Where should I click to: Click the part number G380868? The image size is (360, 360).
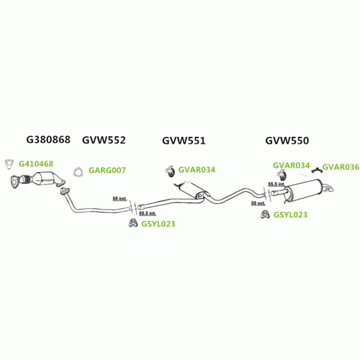pos(48,140)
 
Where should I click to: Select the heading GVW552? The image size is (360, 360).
pos(104,140)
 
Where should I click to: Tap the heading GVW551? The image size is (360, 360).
pos(184,141)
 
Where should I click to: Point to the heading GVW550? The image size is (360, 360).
pos(287,141)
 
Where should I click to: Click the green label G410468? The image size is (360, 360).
pos(36,163)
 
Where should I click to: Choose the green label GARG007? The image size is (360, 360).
pos(107,170)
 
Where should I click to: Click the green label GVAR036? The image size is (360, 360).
pos(340,167)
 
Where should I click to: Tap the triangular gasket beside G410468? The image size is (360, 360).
pos(9,163)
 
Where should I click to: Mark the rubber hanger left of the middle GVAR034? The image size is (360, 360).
pos(169,171)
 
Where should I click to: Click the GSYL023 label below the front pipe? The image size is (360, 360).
pos(158,224)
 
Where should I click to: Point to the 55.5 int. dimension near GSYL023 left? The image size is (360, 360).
pos(147,213)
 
